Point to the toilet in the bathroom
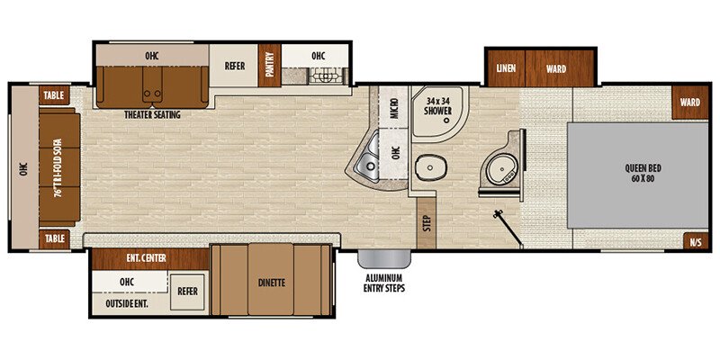pos(431,167)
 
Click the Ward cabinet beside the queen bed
pos(689,103)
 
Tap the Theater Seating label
pos(154,115)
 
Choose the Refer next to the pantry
pos(233,65)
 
